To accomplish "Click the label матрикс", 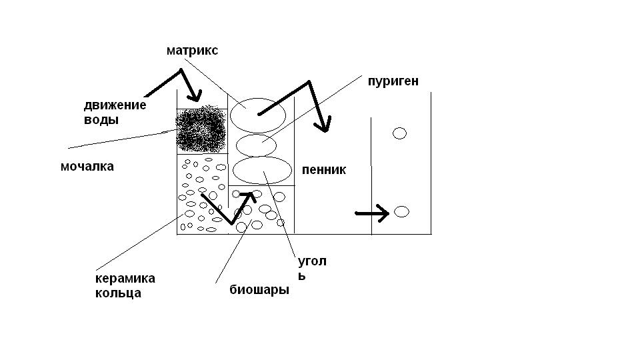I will click(x=192, y=51).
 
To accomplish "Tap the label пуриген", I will click(x=393, y=81).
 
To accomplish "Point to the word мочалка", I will click(x=87, y=167).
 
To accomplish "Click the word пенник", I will click(x=324, y=170).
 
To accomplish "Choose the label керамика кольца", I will click(x=125, y=285).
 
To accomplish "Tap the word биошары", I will click(x=259, y=290).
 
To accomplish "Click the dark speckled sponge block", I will click(x=201, y=129).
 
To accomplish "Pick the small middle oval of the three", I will click(x=256, y=145).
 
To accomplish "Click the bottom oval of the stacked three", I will click(x=263, y=171).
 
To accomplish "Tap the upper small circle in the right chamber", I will click(x=399, y=133).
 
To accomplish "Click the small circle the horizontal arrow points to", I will click(x=401, y=212).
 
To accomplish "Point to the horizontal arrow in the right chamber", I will click(x=372, y=213).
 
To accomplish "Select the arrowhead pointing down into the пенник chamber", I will click(x=324, y=124).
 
